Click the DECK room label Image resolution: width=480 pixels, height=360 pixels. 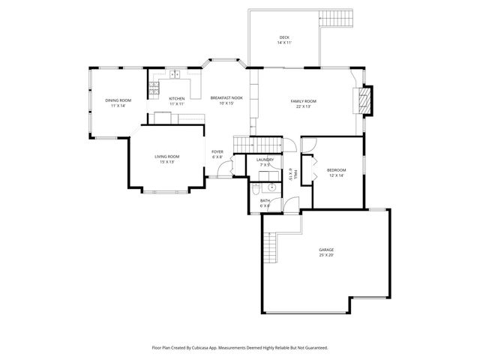coord(284,37)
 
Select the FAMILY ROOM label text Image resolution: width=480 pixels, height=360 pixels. coord(304,100)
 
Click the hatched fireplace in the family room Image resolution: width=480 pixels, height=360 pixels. coord(365,101)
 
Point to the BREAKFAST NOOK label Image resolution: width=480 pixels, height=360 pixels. coord(226,98)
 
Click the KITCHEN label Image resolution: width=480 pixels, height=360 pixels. coord(177,99)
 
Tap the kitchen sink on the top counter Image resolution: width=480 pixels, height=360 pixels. coord(173,74)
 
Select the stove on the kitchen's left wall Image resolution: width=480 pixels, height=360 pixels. coord(153,88)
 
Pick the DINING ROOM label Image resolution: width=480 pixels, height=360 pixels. coord(118,100)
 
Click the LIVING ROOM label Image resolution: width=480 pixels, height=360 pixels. coord(167,157)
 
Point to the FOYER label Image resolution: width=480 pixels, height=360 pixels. coord(217,152)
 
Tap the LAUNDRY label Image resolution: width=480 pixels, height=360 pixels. coord(265,159)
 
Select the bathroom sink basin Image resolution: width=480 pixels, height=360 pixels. coord(271,187)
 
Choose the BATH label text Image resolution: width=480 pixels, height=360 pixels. coord(265,200)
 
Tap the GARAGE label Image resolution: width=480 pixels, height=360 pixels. coord(325,250)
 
